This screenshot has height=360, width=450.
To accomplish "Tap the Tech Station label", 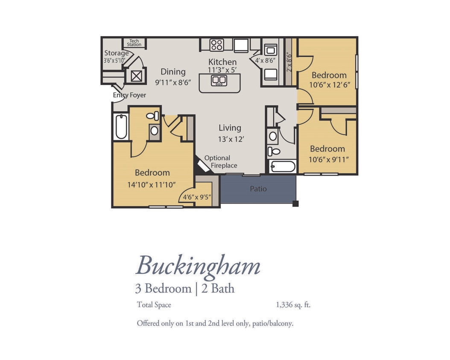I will [134, 43].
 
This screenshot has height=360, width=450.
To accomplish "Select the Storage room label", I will [117, 53].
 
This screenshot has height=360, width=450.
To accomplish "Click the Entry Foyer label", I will [129, 95].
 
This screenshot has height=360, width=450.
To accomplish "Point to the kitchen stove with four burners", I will [216, 45].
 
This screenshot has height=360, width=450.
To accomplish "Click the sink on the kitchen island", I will [219, 80].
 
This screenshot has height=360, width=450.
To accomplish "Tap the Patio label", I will [258, 189].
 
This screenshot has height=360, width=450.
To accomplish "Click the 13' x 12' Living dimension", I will [231, 139].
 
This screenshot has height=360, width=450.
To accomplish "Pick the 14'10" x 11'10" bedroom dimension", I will [152, 185].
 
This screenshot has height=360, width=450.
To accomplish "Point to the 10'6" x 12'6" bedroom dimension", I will [329, 85].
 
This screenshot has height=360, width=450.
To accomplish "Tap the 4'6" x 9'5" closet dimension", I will [197, 197].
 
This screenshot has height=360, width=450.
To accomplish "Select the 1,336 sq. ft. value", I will [293, 305].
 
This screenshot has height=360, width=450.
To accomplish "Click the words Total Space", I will [154, 305].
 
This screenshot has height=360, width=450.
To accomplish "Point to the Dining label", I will [173, 72].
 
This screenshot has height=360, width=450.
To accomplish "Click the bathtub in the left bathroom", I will [121, 126].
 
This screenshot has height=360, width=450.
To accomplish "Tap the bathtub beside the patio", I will [283, 166].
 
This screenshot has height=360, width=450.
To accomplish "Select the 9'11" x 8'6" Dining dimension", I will [172, 82].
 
